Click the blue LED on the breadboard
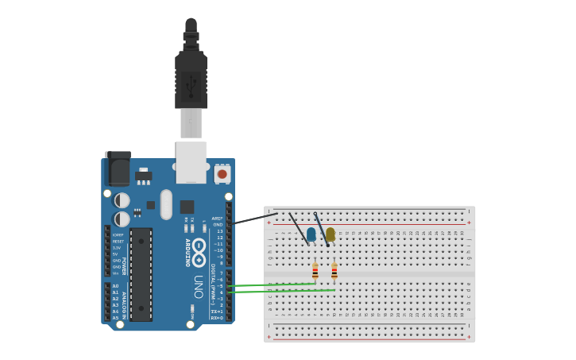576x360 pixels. tap(311, 234)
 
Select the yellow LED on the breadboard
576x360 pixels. tap(331, 234)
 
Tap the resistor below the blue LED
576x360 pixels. tap(315, 272)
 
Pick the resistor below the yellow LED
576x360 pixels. tap(334, 272)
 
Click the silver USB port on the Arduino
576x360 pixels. tap(191, 162)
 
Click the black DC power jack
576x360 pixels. tap(118, 168)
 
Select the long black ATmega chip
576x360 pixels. tap(141, 274)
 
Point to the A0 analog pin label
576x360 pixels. tap(115, 286)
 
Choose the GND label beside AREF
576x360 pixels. tap(218, 225)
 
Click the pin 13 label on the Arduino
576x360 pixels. tap(219, 231)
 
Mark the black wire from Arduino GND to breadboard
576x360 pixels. tap(254, 219)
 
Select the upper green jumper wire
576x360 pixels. tap(270, 285)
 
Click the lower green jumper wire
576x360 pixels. tap(278, 291)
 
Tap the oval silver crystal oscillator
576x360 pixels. tap(166, 204)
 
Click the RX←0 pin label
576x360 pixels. tap(216, 318)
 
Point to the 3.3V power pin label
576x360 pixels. tap(117, 248)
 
